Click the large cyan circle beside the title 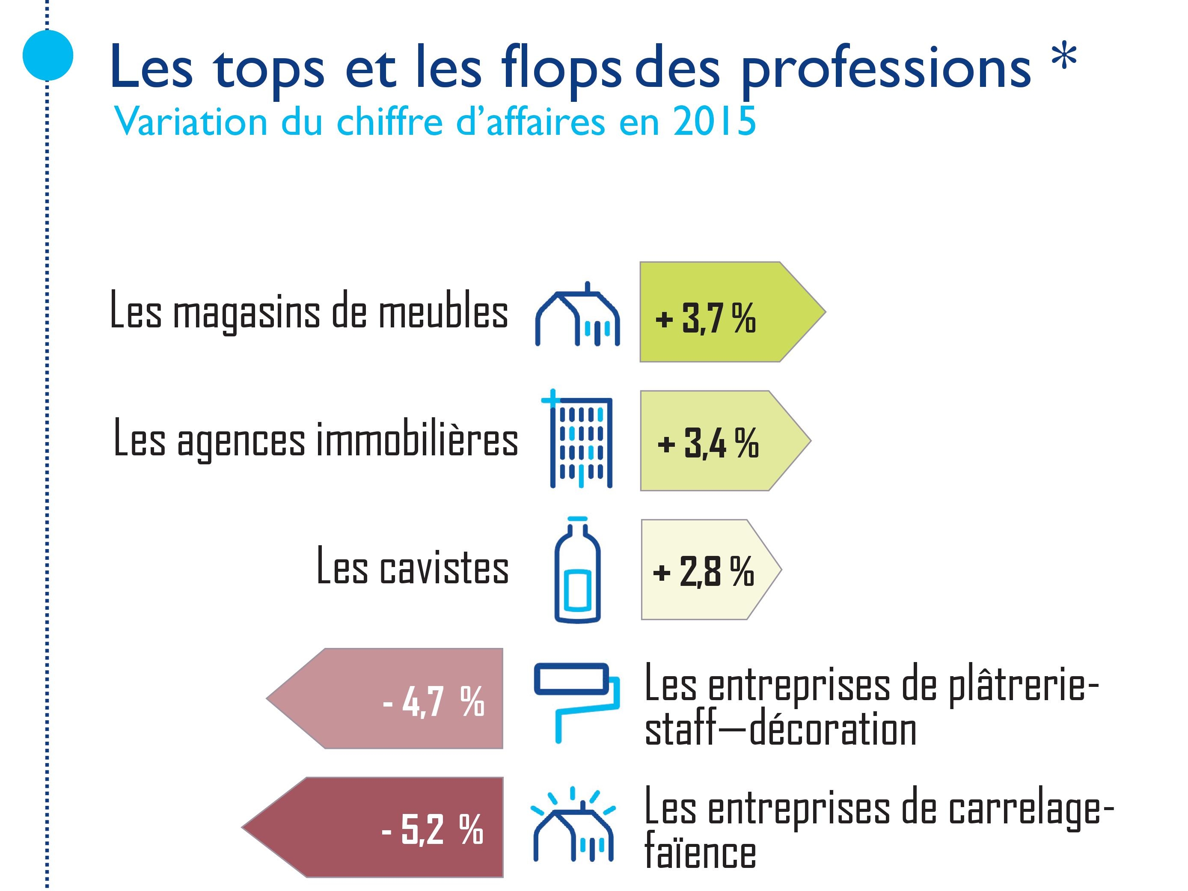tap(48, 55)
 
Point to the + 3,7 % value tap(705, 318)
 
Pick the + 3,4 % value tap(708, 444)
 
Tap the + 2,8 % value tap(704, 571)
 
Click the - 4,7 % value tap(434, 701)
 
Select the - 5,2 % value tap(432, 829)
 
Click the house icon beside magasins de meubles tap(577, 315)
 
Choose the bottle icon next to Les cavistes tap(577, 571)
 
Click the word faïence tap(700, 853)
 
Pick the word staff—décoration tap(780, 730)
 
